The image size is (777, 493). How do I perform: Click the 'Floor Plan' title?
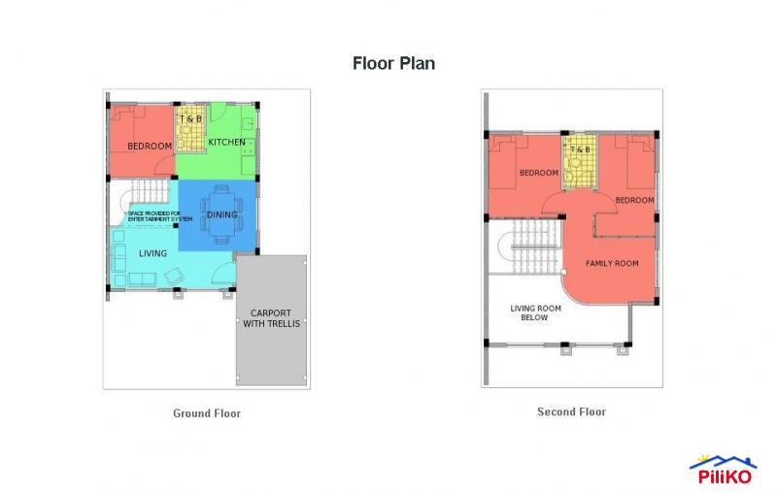(x=392, y=64)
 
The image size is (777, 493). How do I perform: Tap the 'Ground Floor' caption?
(x=207, y=413)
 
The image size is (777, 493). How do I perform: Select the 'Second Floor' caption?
(x=571, y=412)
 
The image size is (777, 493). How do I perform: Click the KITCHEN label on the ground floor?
(x=226, y=143)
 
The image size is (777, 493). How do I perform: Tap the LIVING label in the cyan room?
(x=152, y=253)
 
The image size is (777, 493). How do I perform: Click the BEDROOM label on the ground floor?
(x=150, y=147)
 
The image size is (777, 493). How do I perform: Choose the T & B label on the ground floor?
(x=190, y=119)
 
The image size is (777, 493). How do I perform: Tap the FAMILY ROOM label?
(x=612, y=264)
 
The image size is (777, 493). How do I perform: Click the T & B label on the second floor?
(x=580, y=149)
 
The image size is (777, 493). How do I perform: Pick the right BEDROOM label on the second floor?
(x=634, y=200)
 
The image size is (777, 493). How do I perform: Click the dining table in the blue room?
(x=221, y=214)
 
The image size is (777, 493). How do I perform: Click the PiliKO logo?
(x=723, y=469)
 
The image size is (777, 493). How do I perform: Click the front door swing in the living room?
(x=223, y=272)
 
